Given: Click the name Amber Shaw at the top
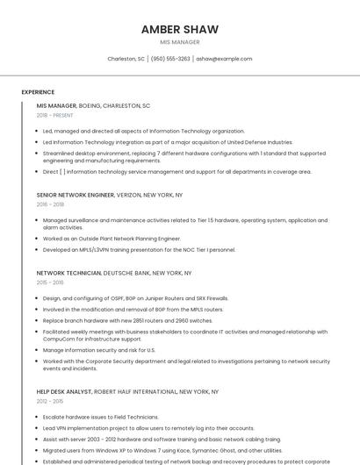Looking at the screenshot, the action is tap(180, 29).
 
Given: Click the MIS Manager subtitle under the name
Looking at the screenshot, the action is tap(180, 42).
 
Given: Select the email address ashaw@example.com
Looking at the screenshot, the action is tap(224, 59).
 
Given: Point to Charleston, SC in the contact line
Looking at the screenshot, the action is tap(126, 59).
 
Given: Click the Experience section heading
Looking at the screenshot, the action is tap(38, 92).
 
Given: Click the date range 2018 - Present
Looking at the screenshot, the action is tap(54, 115).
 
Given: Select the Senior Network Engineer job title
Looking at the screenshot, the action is tap(76, 195).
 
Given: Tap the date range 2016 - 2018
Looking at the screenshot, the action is tap(50, 204).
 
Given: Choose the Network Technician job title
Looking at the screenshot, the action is tap(68, 273).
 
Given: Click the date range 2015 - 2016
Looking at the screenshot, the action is tap(50, 283).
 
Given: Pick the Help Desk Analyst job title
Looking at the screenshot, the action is tap(64, 391).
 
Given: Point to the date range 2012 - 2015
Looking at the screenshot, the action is tap(50, 401).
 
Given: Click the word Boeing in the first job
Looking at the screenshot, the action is tap(90, 105).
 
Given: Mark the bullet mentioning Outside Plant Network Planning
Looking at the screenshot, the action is tap(112, 238).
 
